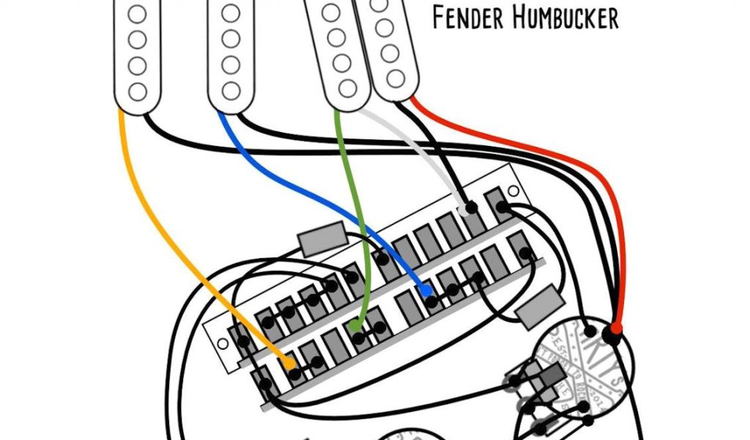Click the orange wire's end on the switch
pos(289,364)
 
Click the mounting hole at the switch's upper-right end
pos(511,191)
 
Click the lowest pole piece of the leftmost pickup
pos(136,91)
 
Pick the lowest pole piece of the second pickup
pos(230,91)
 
